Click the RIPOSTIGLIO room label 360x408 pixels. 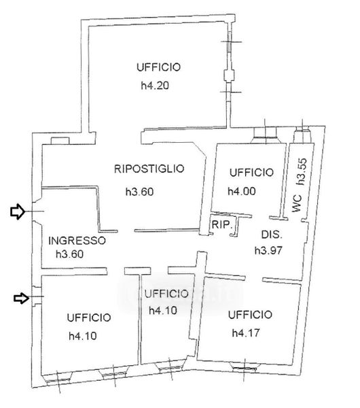149,169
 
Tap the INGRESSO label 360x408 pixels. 77,241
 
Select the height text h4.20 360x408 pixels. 155,86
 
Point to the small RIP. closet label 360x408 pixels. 221,224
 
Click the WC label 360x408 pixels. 297,203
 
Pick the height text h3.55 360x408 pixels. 302,171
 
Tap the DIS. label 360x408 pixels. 272,235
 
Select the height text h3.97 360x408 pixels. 268,250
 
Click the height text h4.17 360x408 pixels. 246,333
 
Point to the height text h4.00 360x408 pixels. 242,191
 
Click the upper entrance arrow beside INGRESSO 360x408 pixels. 18,211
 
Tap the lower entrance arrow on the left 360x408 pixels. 21,299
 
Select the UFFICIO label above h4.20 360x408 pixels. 158,67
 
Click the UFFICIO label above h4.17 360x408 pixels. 250,315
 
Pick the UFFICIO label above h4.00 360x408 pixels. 251,172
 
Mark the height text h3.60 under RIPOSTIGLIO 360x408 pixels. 139,192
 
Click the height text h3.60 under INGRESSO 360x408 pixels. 70,254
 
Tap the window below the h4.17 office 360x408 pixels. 245,368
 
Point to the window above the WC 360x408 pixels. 302,134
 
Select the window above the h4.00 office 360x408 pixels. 265,135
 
